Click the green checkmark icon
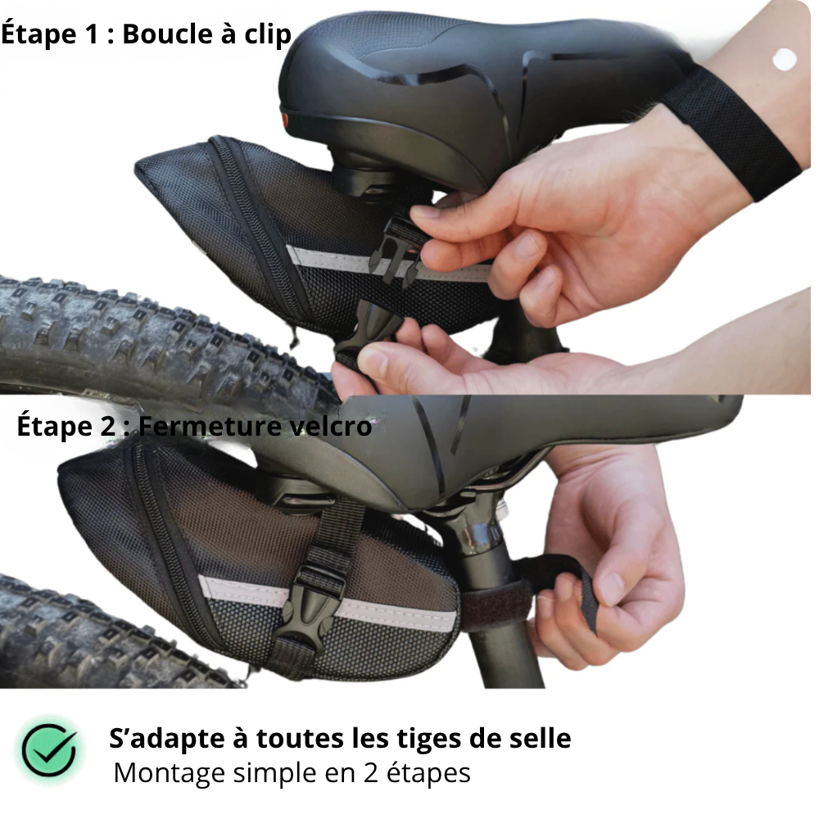[x=50, y=750]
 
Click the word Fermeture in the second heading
[x=205, y=427]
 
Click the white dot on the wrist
[x=784, y=59]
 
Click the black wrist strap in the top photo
[x=729, y=131]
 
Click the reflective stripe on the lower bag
[x=246, y=591]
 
